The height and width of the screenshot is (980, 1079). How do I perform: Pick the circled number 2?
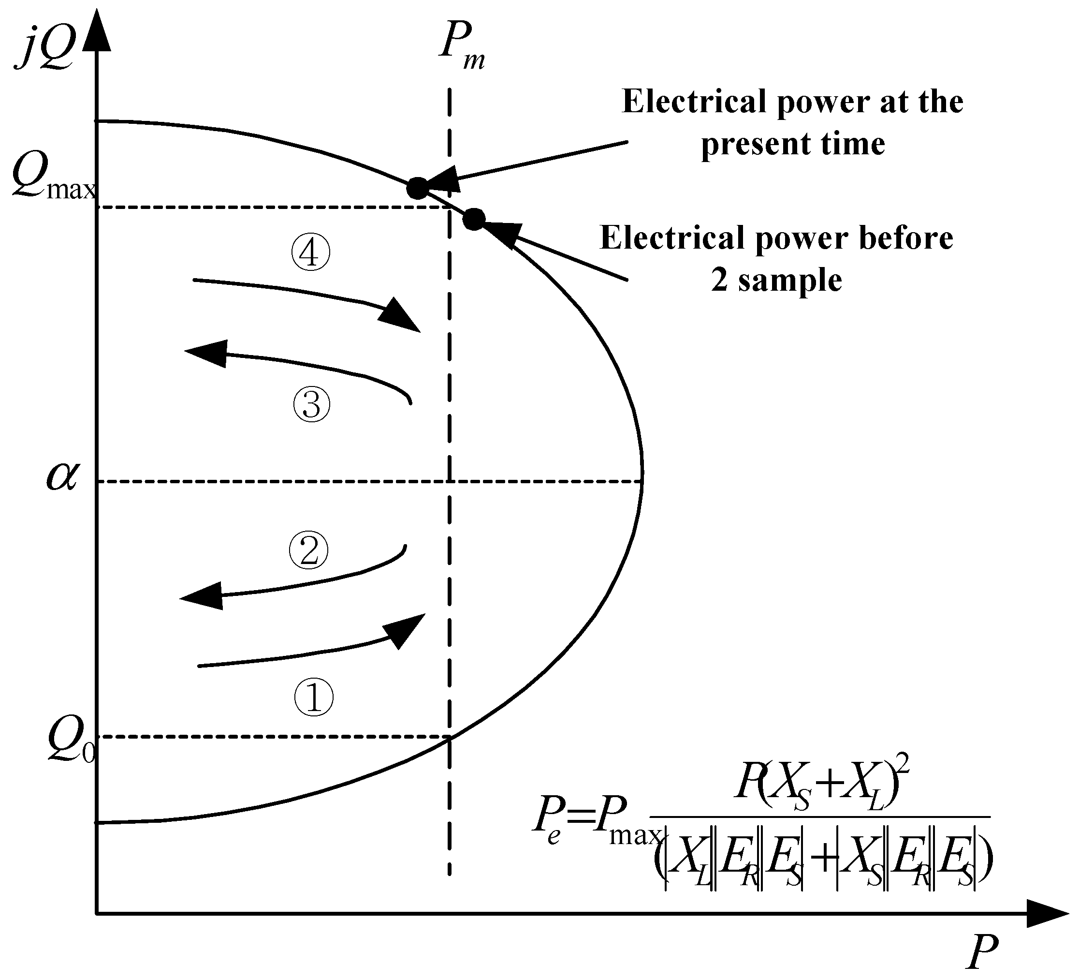coord(308,550)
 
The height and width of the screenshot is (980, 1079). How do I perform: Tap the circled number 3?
coord(311,404)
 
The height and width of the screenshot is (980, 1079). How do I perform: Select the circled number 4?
coord(310,253)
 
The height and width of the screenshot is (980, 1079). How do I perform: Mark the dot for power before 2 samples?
coord(474,219)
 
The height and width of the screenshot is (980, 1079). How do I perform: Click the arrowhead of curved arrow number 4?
coord(400,316)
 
